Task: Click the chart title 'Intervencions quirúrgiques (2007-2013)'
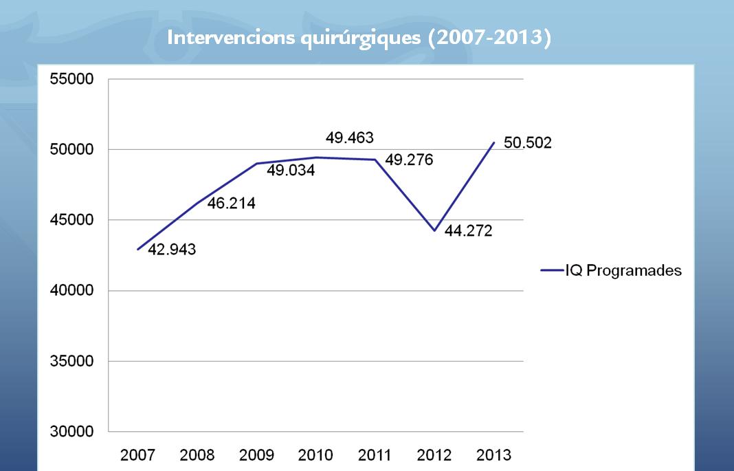coord(359,38)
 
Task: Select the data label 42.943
coord(173,250)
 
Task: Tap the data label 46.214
coord(232,204)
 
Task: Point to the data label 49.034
coord(291,170)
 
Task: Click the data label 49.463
coord(350,138)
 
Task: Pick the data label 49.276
coord(409,160)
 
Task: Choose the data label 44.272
coord(468,231)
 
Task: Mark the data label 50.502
coord(528,144)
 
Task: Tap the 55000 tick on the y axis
coord(71,79)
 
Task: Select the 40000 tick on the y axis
coord(71,291)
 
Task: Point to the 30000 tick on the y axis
coord(71,432)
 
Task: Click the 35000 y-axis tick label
coord(71,362)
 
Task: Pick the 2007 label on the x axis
coord(137,455)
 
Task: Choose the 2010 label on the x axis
coord(316,455)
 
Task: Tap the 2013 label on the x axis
coord(494,455)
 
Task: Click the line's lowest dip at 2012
coord(434,230)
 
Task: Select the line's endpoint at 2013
coord(493,142)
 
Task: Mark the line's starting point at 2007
coord(138,249)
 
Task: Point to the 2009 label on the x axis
coord(256,455)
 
